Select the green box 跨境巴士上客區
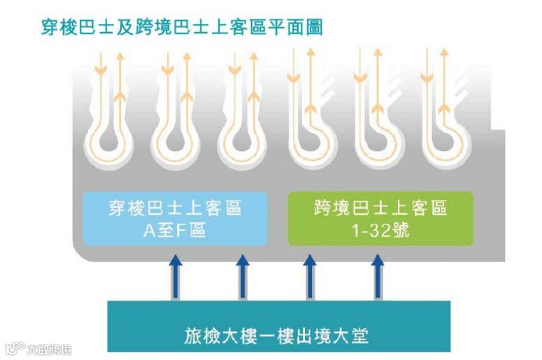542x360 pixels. pos(380,218)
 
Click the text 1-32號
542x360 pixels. pos(380,230)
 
